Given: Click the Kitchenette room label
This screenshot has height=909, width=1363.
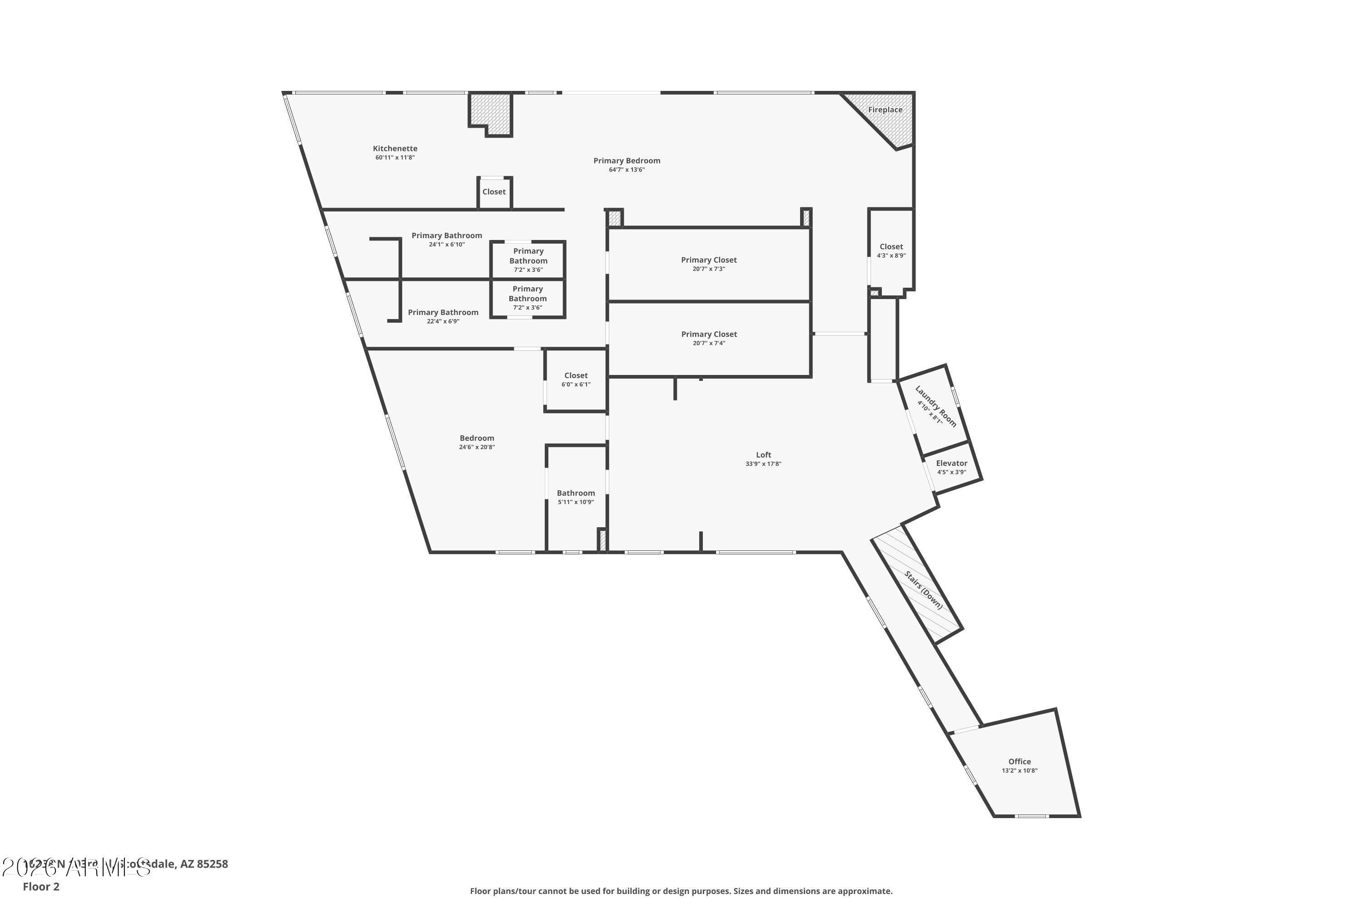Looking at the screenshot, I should click(x=395, y=149).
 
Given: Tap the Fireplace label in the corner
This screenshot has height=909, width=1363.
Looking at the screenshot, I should click(x=885, y=110).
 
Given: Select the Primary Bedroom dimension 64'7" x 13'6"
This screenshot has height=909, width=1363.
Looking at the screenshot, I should click(x=627, y=170).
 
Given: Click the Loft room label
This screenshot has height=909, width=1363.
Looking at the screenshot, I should click(x=763, y=455).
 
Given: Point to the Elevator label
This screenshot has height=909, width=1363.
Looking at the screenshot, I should click(x=951, y=463).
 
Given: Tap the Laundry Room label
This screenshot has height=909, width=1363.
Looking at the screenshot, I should click(x=935, y=406).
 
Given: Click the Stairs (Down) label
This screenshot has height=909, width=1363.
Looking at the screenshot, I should click(x=924, y=590).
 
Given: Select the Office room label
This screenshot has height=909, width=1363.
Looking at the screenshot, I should click(x=1020, y=762).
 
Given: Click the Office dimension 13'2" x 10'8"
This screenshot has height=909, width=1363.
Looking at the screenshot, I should click(x=1020, y=771).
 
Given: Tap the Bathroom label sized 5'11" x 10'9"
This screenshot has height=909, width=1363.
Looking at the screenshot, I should click(x=576, y=493).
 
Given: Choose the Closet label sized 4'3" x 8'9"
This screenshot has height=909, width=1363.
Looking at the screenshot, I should click(x=891, y=247).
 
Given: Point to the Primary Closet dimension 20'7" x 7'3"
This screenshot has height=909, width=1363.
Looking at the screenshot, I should click(x=709, y=269).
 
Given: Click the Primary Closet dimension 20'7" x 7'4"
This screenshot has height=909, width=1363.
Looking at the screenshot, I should click(x=709, y=343).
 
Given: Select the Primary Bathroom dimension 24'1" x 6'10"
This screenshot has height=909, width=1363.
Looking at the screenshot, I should click(x=447, y=245).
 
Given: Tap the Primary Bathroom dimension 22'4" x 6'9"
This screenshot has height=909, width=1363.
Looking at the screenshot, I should click(x=443, y=322).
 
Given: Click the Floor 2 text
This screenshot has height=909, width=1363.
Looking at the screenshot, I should click(x=41, y=886).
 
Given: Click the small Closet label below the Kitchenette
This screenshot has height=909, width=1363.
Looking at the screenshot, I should click(x=494, y=192).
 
